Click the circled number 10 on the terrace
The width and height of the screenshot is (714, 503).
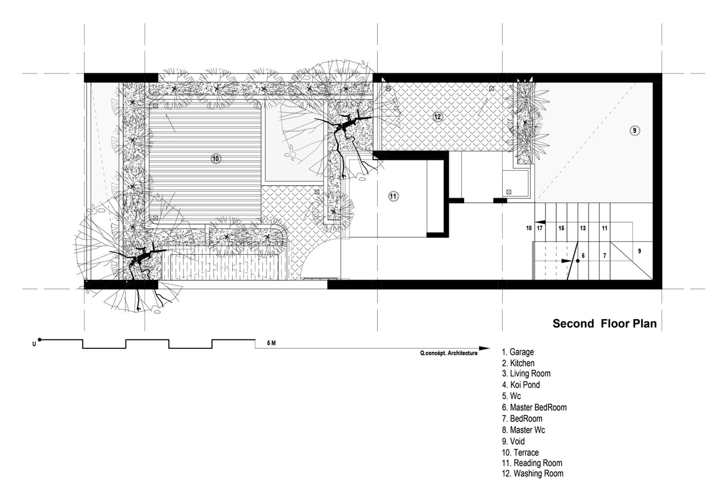point(215,158)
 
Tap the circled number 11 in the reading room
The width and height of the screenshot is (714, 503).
point(393,196)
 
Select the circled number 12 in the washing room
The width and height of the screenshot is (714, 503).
point(437,117)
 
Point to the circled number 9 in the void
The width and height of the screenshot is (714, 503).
point(635,130)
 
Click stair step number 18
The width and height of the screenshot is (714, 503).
point(529,228)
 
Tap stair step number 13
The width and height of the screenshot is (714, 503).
point(583,228)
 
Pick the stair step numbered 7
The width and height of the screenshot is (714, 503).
point(605,255)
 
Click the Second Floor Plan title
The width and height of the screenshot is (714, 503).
point(605,323)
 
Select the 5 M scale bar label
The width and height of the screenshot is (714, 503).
point(271,343)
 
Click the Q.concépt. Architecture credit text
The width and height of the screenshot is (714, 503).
point(449,353)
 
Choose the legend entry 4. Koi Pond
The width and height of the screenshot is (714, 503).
point(521,385)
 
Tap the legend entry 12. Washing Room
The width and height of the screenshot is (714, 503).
point(533,473)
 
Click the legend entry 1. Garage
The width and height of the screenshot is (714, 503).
point(518,352)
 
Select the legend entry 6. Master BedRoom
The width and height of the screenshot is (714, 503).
point(534,407)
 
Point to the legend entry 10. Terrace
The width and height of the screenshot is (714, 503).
point(520,452)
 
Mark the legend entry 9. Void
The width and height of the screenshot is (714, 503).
point(513,442)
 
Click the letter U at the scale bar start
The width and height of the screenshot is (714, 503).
point(34,345)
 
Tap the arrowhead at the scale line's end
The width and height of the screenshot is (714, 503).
point(484,348)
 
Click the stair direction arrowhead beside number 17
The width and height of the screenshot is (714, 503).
point(540,222)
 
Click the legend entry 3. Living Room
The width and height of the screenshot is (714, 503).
point(526,373)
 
